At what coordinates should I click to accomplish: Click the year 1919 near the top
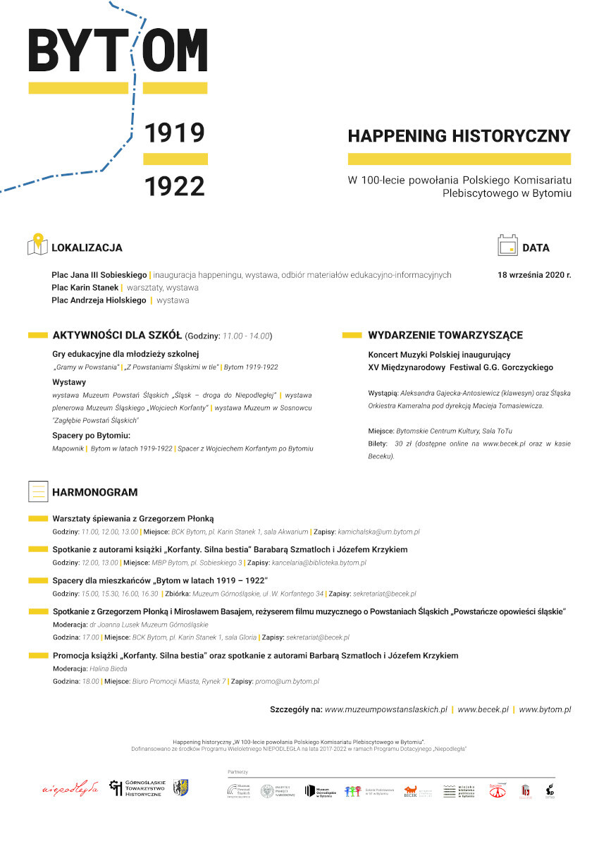174,132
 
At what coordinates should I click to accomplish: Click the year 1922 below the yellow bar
174,186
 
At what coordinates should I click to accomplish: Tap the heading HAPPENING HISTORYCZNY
459,135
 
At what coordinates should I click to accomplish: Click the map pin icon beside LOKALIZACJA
37,245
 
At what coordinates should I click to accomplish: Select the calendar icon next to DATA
507,245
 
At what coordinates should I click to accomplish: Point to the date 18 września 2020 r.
533,274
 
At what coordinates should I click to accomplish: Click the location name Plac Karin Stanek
85,288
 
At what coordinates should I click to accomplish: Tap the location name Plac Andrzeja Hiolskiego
99,300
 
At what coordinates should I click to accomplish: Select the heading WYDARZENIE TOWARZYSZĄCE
445,335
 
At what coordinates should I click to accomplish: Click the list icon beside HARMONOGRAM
37,491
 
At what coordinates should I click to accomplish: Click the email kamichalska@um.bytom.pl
378,532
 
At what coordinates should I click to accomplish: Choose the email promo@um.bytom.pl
287,682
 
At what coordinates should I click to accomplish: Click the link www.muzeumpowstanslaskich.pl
386,709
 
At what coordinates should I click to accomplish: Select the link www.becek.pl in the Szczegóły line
483,709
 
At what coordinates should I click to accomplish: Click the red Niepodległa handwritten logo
70,788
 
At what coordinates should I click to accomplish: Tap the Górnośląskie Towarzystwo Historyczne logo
135,788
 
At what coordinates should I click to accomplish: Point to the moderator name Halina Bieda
109,668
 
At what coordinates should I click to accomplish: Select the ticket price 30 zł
402,444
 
